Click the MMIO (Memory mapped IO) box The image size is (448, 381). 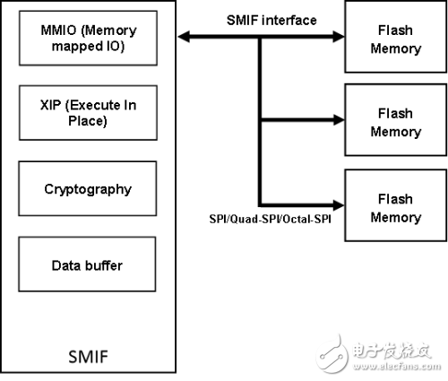coord(88,38)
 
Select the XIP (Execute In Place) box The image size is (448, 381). coord(88,113)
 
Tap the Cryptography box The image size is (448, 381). coord(88,188)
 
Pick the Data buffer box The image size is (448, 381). coord(87,264)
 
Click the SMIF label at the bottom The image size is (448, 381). coord(88,357)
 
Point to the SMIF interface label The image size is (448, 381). coord(271,21)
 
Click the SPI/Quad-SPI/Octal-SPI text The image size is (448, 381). coord(270,220)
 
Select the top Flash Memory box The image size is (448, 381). coord(396,37)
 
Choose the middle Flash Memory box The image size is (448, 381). coord(396,120)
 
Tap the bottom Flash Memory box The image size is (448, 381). coord(396,205)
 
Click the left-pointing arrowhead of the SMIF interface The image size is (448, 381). coord(184,37)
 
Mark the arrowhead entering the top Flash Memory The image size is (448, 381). coord(339,37)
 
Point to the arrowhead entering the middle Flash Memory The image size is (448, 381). coord(339,120)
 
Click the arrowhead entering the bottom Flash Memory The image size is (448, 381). coord(339,205)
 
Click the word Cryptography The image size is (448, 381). coord(88,190)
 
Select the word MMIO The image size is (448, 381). coord(58,30)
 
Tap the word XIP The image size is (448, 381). coord(50,105)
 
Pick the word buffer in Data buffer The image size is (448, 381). coord(104,265)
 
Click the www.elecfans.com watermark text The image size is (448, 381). coord(397,367)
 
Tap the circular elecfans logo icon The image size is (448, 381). coord(332,354)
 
